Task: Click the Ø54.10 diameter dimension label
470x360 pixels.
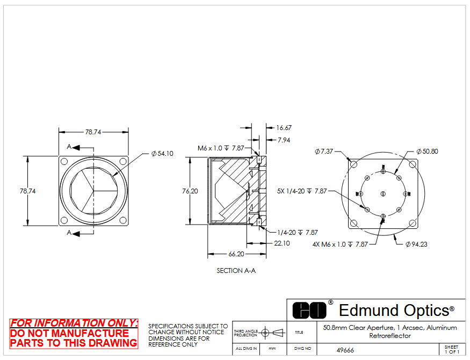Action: [162, 154]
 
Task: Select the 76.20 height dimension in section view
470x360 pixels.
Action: [190, 191]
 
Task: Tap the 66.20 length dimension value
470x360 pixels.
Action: [236, 254]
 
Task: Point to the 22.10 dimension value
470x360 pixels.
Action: [282, 243]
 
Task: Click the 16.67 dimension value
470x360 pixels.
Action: [284, 128]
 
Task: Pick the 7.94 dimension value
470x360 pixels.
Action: [284, 140]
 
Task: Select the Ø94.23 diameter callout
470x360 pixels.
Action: [416, 244]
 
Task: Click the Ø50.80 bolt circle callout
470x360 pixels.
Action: [427, 152]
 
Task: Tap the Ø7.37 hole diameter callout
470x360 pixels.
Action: [324, 152]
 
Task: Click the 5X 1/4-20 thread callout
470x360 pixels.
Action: [302, 191]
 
